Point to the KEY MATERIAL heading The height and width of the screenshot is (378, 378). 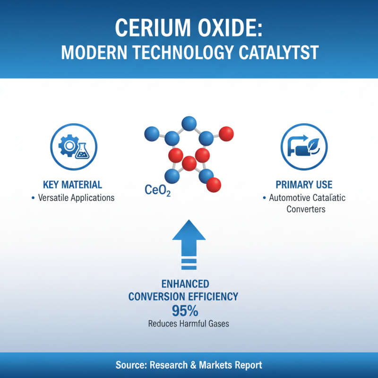point(72,184)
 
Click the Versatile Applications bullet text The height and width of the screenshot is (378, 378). point(76,198)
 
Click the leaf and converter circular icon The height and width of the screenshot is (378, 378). point(303,146)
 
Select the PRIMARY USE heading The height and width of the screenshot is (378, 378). point(304,184)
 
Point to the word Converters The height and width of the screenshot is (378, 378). point(306,209)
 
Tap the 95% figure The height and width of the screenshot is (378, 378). point(185,311)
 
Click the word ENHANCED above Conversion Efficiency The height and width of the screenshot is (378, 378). point(185,284)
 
